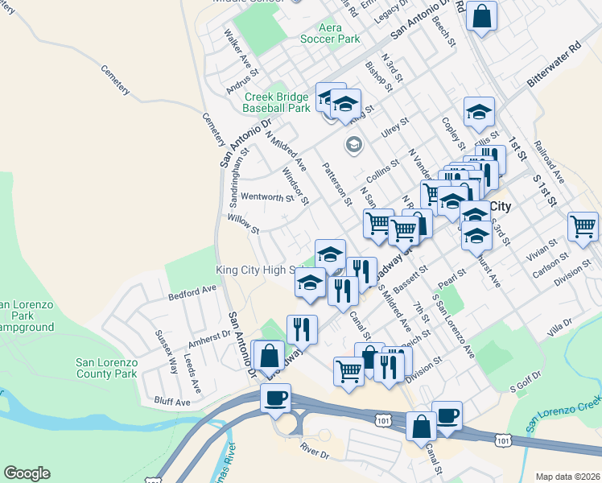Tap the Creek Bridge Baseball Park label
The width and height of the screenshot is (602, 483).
[x=277, y=103]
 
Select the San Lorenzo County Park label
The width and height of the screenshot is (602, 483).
[x=106, y=368]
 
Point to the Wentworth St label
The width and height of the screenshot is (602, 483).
[x=266, y=196]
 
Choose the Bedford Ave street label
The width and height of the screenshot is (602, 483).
[x=193, y=291]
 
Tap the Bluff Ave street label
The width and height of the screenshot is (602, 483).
[x=171, y=402]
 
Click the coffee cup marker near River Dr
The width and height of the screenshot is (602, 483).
[x=275, y=398]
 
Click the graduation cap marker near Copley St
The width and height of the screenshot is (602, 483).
[x=479, y=112]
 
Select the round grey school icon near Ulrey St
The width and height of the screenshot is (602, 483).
[x=353, y=146]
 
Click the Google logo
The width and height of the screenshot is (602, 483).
[x=27, y=473]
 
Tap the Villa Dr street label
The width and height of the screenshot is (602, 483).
[x=559, y=327]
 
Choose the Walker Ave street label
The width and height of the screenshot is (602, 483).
[x=234, y=48]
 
